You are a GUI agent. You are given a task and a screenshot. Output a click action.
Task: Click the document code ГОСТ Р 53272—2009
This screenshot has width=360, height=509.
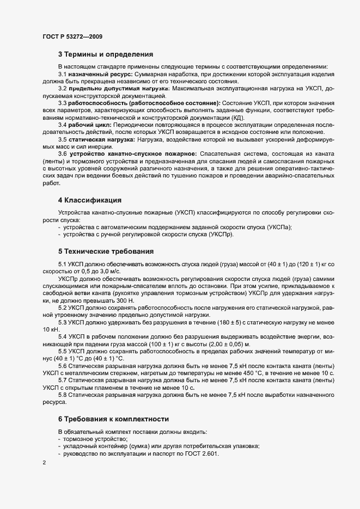[x=72, y=36]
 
